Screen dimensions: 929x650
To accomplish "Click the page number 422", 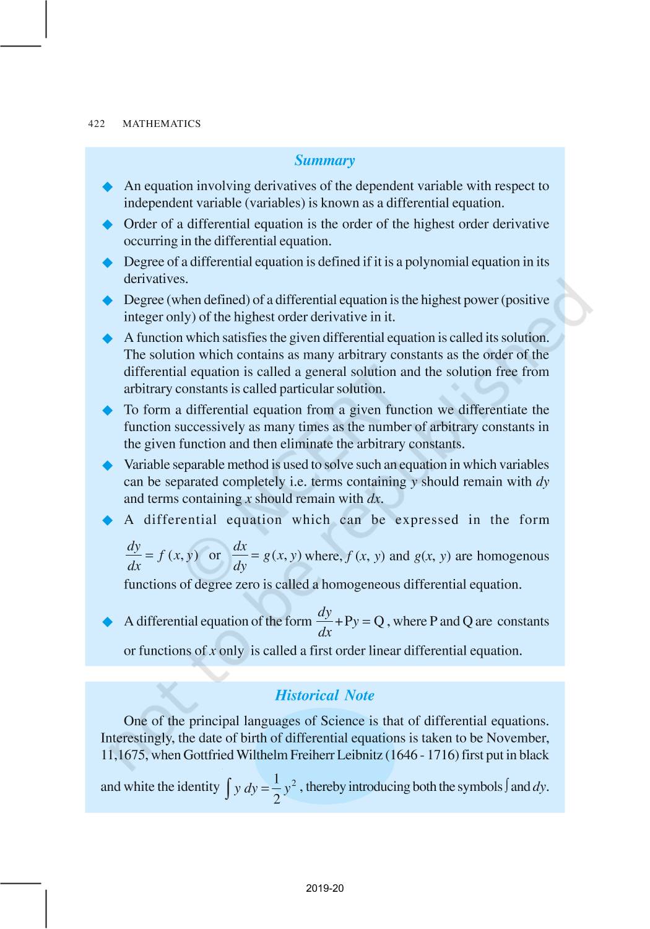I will tap(97, 124).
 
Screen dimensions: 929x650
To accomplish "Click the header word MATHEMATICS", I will tap(162, 124).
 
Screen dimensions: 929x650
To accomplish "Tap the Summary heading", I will tap(324, 160).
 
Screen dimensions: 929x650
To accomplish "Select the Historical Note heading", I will tap(324, 696).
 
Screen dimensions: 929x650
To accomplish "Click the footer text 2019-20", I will tap(324, 888).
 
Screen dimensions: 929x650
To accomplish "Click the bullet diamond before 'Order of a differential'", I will tap(108, 225).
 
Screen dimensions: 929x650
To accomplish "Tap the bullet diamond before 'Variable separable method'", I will tap(108, 466).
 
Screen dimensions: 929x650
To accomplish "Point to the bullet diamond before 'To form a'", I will tap(108, 411).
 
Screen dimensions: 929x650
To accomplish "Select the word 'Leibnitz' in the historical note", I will tap(359, 755).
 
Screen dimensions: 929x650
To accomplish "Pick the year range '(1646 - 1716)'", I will tap(422, 755).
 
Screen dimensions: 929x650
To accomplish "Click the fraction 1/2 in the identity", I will tap(277, 788).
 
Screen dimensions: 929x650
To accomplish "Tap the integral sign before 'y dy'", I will tap(228, 788).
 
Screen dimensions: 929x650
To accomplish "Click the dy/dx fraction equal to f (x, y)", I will tap(134, 556).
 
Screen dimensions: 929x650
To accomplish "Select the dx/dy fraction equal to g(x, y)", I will tap(240, 556).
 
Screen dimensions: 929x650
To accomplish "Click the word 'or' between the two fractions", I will tap(215, 556).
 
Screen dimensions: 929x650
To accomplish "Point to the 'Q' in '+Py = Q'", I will tap(379, 621).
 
